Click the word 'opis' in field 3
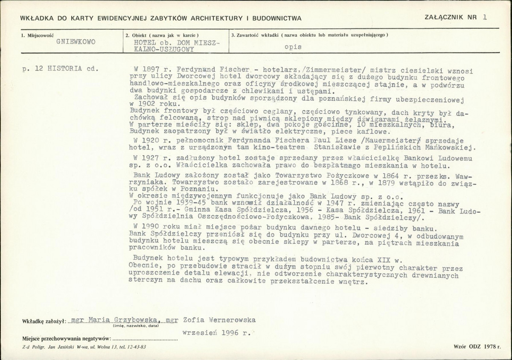tap(293, 47)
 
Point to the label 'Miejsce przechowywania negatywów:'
tap(67, 339)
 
